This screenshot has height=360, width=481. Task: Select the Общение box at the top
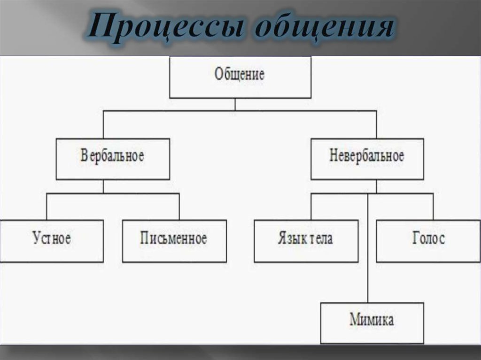tap(240, 77)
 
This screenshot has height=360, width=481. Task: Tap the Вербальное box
tap(113, 159)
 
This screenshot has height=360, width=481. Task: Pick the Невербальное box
tap(367, 159)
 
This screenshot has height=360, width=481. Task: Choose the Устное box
tap(52, 241)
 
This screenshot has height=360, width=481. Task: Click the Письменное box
tap(174, 241)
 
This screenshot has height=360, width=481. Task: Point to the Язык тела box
tap(306, 241)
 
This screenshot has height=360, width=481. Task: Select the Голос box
tap(428, 241)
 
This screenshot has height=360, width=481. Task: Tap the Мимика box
tap(372, 323)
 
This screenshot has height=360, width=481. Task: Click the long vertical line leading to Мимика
tap(367, 248)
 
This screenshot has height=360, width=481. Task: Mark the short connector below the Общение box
tap(235, 104)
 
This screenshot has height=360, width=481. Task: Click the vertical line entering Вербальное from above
tap(103, 124)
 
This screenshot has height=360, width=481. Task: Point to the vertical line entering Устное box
tap(47, 207)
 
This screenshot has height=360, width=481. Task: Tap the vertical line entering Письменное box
tap(179, 207)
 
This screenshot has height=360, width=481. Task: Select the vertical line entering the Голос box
tap(433, 207)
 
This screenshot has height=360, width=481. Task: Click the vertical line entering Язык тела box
tap(311, 207)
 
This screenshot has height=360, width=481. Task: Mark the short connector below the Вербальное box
tap(103, 186)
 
